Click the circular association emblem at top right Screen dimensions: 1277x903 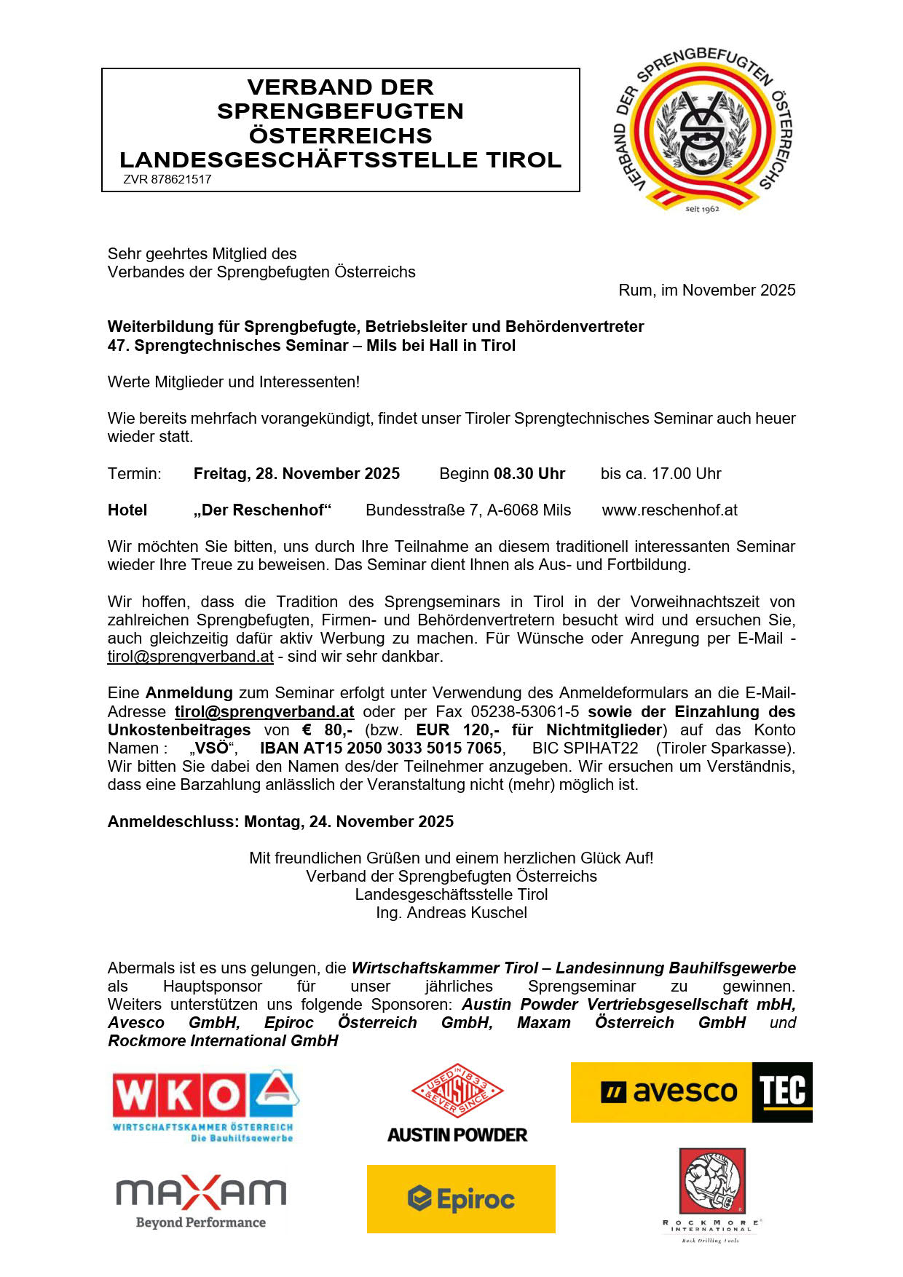pyautogui.click(x=703, y=131)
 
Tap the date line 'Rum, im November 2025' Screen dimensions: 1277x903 pyautogui.click(x=706, y=290)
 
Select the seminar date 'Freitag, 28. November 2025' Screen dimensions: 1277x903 pyautogui.click(x=296, y=474)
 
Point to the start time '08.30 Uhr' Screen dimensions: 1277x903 pyautogui.click(x=529, y=474)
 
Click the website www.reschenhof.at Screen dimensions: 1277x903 pyautogui.click(x=669, y=510)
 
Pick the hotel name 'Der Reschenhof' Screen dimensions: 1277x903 pyautogui.click(x=262, y=510)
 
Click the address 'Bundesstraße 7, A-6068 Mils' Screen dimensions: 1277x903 pyautogui.click(x=468, y=510)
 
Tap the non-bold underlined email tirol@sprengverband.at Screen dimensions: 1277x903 pyautogui.click(x=191, y=657)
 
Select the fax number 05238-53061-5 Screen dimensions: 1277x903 pyautogui.click(x=525, y=712)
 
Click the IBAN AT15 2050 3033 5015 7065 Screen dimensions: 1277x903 pyautogui.click(x=381, y=748)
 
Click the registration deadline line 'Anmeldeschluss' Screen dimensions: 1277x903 pyautogui.click(x=280, y=822)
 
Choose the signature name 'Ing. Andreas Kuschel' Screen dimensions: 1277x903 pyautogui.click(x=451, y=913)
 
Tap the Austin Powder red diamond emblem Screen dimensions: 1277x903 pyautogui.click(x=457, y=1090)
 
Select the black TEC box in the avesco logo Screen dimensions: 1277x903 pyautogui.click(x=782, y=1092)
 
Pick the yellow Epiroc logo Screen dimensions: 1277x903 pyautogui.click(x=461, y=1198)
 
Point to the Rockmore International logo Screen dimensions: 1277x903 pyautogui.click(x=711, y=1194)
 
